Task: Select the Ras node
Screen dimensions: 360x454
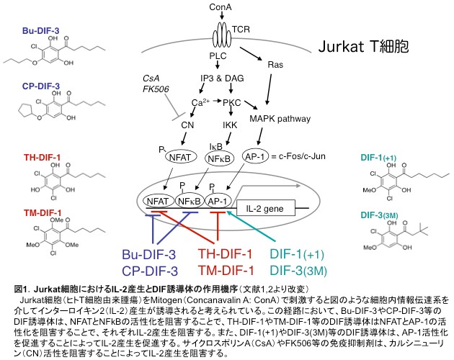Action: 275,64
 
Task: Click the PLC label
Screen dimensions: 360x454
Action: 218,55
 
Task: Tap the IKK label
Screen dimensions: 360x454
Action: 210,125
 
